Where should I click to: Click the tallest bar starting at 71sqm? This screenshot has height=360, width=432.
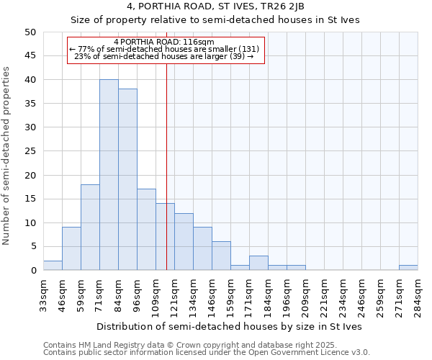click(109, 175)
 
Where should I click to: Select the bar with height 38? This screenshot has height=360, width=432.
click(127, 179)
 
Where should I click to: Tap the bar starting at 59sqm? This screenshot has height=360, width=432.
click(90, 228)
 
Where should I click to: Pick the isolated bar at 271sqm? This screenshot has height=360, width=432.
click(408, 268)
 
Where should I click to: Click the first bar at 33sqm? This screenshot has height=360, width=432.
click(53, 266)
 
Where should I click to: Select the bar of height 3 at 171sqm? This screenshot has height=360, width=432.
click(258, 263)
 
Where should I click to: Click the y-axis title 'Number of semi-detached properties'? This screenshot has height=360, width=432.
click(7, 156)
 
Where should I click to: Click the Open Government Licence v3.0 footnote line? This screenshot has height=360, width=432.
click(207, 353)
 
